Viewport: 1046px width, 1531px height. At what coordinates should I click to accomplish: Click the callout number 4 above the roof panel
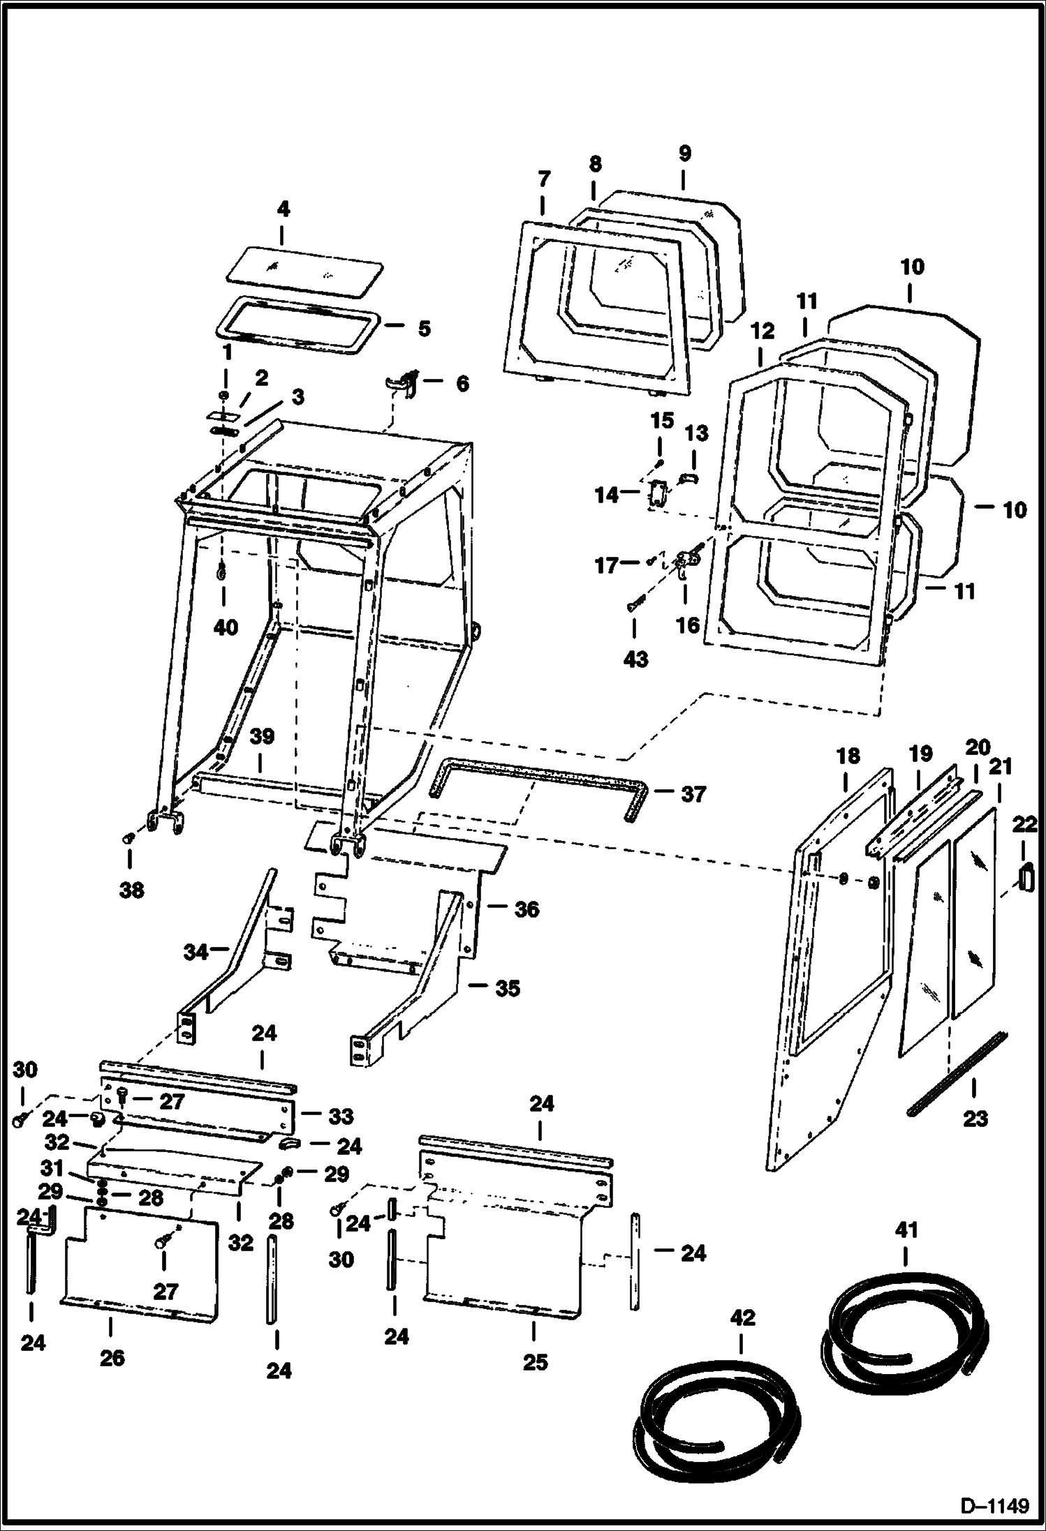[283, 209]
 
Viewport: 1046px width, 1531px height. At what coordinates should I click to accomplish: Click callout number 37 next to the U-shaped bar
[693, 794]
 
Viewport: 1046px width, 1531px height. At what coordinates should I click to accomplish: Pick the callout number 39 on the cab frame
[263, 737]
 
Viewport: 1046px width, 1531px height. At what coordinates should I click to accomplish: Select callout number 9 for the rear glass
[684, 153]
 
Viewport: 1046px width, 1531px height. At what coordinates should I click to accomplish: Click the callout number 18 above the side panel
[848, 756]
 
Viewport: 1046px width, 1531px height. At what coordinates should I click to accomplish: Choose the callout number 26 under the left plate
[112, 1357]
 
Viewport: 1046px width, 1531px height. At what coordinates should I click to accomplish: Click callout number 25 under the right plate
[535, 1361]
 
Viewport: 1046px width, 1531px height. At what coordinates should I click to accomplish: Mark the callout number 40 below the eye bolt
[226, 627]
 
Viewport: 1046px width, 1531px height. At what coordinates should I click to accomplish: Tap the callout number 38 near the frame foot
[132, 890]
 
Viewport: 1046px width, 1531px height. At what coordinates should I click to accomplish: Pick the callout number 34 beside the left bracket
[196, 951]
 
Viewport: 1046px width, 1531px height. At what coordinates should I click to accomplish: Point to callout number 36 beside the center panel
[526, 909]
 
